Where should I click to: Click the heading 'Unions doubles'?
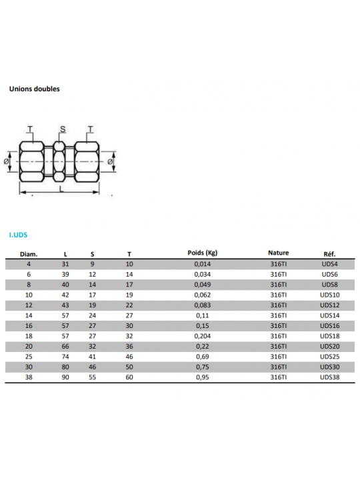[34, 89]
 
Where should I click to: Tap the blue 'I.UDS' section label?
[19, 235]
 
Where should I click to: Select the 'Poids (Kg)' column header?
[203, 253]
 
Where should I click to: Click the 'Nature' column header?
[278, 253]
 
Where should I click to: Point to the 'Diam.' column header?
[29, 254]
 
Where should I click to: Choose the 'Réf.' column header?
[329, 254]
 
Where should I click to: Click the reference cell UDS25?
[330, 357]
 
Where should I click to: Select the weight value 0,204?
[203, 336]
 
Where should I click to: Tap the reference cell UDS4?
[330, 264]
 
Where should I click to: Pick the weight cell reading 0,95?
[203, 377]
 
